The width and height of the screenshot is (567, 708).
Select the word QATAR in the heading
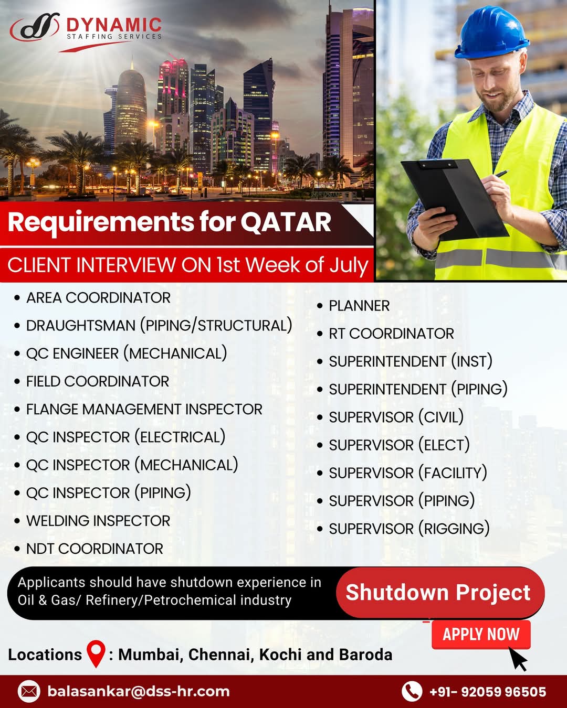point(286,222)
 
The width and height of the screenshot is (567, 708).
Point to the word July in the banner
point(349,266)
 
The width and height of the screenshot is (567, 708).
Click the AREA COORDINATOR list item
point(98,298)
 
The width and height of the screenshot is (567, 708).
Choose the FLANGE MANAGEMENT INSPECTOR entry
point(144,409)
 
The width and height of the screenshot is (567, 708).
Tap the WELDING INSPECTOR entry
point(98,521)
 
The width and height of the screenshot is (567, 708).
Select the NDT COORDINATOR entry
point(94,549)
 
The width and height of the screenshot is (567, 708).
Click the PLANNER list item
point(359,306)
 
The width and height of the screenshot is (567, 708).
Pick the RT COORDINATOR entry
point(392,334)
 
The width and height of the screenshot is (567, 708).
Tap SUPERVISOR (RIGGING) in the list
point(409,529)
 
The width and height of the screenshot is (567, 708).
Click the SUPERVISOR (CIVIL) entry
point(396,417)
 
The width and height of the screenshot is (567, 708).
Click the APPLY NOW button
point(481,634)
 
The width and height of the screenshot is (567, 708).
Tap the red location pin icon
point(96,654)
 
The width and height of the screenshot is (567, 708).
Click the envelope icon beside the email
point(29,692)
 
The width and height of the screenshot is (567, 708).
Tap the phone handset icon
point(412,692)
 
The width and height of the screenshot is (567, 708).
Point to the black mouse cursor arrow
point(518,659)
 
